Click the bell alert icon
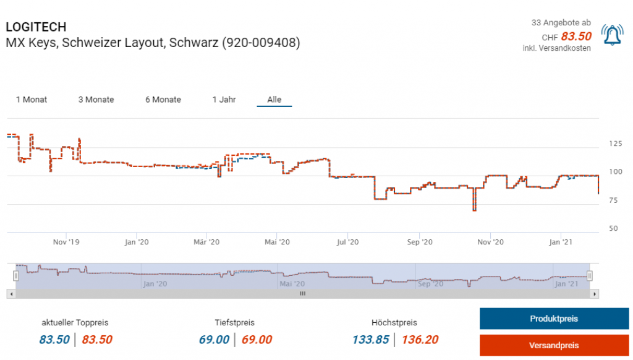[x=612, y=36]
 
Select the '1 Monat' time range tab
[x=32, y=100]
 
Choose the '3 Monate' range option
[x=96, y=100]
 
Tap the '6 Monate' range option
[x=163, y=100]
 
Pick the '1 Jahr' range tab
[x=224, y=100]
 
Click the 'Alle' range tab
[x=274, y=100]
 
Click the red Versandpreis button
[x=554, y=345]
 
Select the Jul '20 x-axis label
[x=348, y=242]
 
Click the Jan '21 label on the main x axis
[x=560, y=242]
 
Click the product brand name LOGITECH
[x=36, y=27]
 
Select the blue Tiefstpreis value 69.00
[x=214, y=340]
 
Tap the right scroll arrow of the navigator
[x=595, y=294]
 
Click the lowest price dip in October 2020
[x=474, y=210]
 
